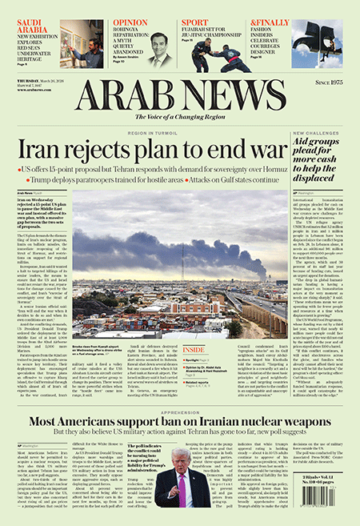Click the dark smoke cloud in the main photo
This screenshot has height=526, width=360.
160,240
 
